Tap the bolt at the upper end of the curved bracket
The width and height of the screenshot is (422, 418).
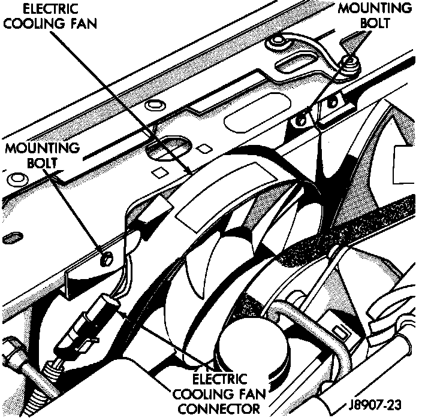click(349, 59)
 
